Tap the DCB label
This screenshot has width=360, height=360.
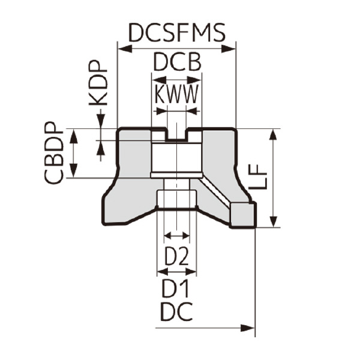176,62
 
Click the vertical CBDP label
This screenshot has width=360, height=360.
53,154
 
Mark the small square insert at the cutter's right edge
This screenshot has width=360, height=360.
244,214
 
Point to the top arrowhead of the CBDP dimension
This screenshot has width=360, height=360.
74,136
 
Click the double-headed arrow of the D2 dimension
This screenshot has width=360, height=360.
176,235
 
